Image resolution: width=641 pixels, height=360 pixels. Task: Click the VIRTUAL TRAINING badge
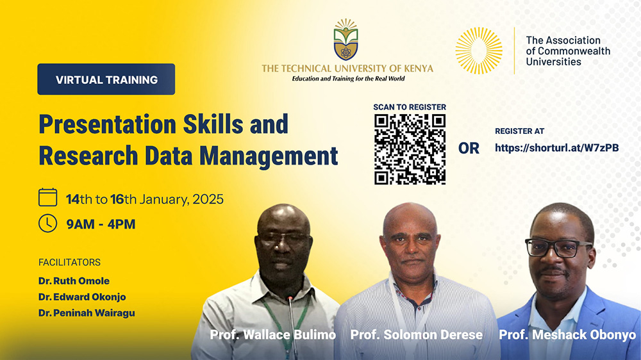pyautogui.click(x=106, y=79)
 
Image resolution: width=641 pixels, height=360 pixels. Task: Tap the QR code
pyautogui.click(x=410, y=149)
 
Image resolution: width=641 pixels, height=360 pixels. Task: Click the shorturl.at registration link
pyautogui.click(x=557, y=148)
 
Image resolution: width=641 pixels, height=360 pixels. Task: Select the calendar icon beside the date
pyautogui.click(x=48, y=197)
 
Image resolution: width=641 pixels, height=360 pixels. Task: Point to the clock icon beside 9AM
pyautogui.click(x=48, y=224)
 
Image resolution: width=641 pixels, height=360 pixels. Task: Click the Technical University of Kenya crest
pyautogui.click(x=346, y=39)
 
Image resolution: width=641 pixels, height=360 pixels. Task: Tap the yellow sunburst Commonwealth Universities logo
pyautogui.click(x=479, y=51)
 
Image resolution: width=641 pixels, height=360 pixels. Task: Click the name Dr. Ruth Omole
pyautogui.click(x=74, y=281)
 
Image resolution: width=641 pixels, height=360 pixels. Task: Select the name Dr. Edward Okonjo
pyautogui.click(x=82, y=297)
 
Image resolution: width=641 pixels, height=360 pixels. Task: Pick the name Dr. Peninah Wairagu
pyautogui.click(x=87, y=313)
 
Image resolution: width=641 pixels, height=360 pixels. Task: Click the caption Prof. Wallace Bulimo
pyautogui.click(x=272, y=335)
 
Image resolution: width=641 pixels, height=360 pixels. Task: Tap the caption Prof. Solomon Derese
pyautogui.click(x=417, y=335)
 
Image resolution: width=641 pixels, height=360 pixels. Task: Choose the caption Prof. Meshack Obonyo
pyautogui.click(x=567, y=335)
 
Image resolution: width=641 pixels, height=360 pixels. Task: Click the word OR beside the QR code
pyautogui.click(x=469, y=149)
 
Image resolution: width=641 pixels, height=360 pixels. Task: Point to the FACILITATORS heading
pyautogui.click(x=69, y=263)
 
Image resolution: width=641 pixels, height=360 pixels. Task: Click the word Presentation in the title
pyautogui.click(x=108, y=125)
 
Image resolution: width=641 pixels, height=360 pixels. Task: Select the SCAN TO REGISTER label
pyautogui.click(x=410, y=107)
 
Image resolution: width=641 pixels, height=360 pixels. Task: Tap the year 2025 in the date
pyautogui.click(x=208, y=199)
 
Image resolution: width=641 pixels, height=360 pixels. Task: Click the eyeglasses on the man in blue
pyautogui.click(x=558, y=248)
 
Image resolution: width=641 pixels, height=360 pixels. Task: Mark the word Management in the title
pyautogui.click(x=269, y=156)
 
